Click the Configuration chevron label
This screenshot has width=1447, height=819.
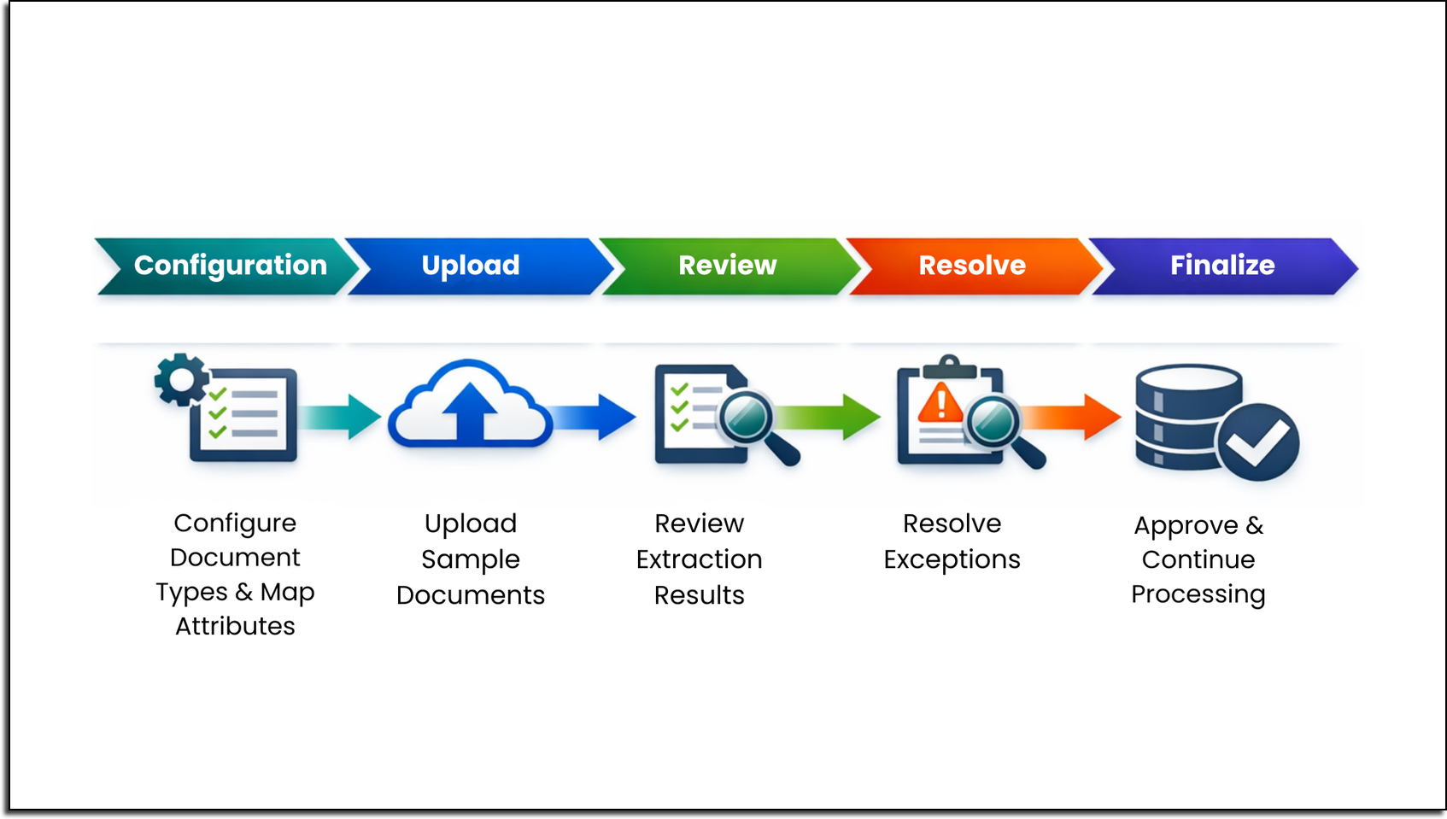tap(231, 266)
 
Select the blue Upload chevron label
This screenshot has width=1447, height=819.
tap(471, 266)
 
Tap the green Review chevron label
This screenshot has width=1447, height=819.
tap(728, 266)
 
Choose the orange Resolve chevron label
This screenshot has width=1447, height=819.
tap(972, 266)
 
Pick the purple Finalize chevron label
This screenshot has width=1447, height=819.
tap(1222, 266)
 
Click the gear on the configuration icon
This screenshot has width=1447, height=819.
tap(182, 379)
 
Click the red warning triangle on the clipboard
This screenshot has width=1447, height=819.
tap(940, 402)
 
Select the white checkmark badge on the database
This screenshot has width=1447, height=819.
tap(1257, 442)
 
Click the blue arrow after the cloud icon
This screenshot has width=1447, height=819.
tap(592, 418)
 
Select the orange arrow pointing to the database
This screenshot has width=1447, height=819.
tap(1071, 418)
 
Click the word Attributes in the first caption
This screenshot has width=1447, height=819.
tap(235, 627)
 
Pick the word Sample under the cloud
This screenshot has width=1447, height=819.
tap(471, 560)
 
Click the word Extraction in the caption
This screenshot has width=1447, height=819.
tap(699, 559)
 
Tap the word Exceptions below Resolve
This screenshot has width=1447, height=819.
tap(952, 560)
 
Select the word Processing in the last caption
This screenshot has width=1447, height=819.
tap(1198, 595)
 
